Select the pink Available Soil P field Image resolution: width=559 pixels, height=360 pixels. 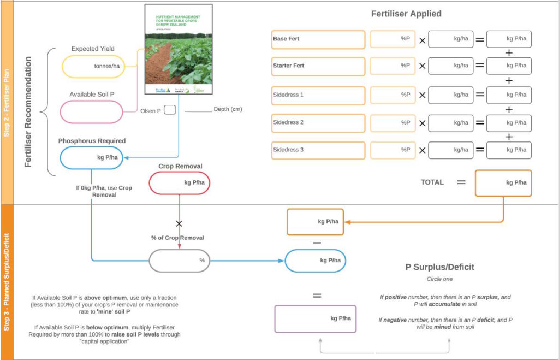[x=91, y=111]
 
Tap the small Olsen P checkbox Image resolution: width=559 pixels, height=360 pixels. [x=170, y=110]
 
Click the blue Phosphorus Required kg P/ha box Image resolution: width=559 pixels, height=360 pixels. [x=91, y=157]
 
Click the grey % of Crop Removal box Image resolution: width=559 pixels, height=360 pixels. [x=180, y=261]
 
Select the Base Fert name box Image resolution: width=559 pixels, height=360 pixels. [x=318, y=39]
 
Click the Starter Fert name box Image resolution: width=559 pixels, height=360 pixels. [x=318, y=66]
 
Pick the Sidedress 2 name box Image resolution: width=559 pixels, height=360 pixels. [x=318, y=123]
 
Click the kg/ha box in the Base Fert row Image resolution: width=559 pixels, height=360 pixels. [x=450, y=39]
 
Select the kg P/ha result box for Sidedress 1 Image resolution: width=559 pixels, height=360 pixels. [x=509, y=95]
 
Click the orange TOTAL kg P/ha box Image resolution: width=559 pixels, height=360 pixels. [x=503, y=182]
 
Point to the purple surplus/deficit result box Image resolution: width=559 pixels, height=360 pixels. [x=315, y=318]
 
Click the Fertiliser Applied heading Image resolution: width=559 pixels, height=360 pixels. [x=406, y=14]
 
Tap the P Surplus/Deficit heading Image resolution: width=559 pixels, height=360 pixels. [x=439, y=267]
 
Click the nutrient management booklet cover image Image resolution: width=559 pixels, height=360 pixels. [x=178, y=50]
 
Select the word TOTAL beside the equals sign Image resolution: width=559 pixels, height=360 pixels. [x=432, y=182]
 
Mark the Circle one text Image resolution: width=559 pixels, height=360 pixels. [x=439, y=279]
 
